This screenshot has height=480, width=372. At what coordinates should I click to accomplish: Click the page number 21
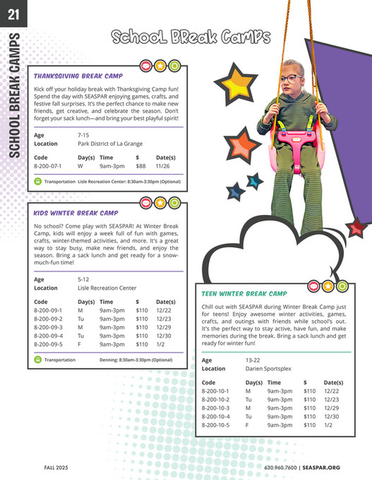pyautogui.click(x=13, y=13)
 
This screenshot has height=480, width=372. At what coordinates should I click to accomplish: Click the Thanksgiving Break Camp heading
pyautogui.click(x=78, y=75)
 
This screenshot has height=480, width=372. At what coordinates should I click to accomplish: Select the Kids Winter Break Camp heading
pyautogui.click(x=76, y=212)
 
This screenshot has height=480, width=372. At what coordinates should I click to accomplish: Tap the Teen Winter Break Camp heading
pyautogui.click(x=244, y=293)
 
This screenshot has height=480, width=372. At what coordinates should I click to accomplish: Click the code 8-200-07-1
pyautogui.click(x=48, y=166)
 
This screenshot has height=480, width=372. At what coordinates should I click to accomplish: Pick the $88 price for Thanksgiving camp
pyautogui.click(x=140, y=166)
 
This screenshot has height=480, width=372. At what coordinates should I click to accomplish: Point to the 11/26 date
pyautogui.click(x=162, y=166)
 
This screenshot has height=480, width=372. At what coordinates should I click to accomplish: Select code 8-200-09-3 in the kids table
pyautogui.click(x=48, y=327)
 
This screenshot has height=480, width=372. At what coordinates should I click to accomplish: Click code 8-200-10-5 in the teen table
pyautogui.click(x=216, y=425)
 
